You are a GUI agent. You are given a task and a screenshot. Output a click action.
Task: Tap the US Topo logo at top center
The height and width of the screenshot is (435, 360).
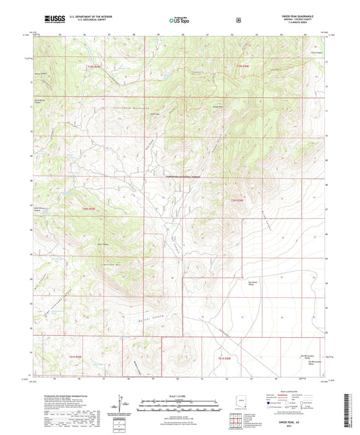[178, 21]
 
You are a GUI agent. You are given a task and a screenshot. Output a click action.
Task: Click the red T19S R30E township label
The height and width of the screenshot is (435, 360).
[243, 66]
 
